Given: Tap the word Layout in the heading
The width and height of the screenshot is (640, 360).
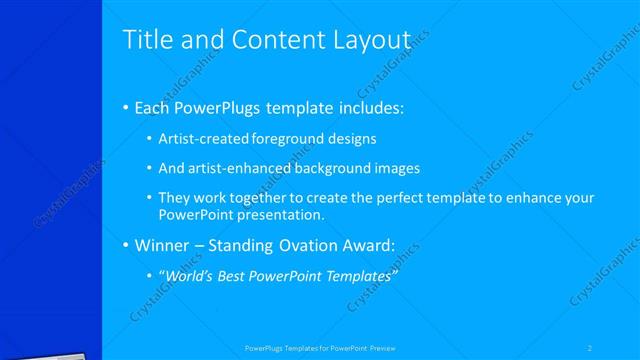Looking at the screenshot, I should pos(368,40).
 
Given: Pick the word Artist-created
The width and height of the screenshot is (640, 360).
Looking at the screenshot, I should pos(199,139).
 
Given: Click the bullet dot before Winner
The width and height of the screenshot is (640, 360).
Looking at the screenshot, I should pos(125,245).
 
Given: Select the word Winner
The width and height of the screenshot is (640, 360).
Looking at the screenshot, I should pos(162,245).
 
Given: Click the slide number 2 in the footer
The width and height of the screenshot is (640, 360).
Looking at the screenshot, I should pos(590,348).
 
